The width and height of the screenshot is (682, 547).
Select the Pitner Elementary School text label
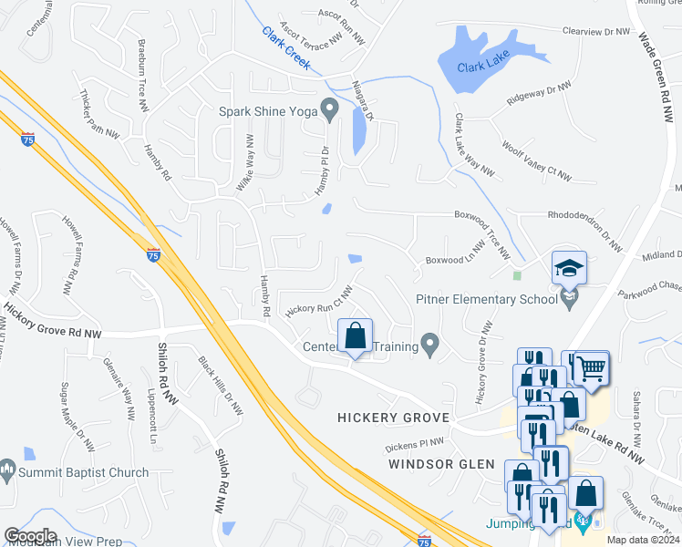click(x=486, y=299)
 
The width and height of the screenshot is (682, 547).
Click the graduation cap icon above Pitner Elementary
click(x=569, y=268)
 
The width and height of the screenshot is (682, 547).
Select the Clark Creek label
click(x=286, y=48)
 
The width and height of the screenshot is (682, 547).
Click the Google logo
click(x=30, y=536)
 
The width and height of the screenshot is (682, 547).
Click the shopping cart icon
click(x=592, y=366)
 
